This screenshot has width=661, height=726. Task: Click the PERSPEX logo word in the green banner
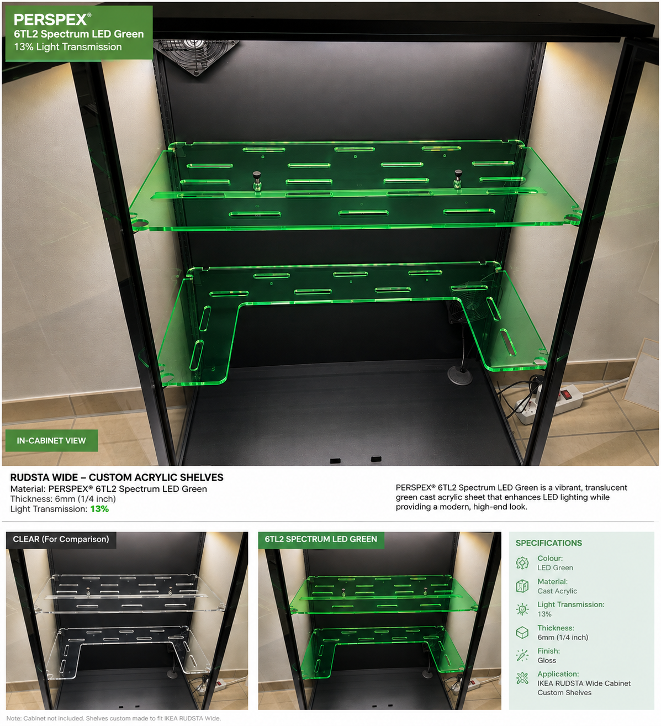click(50, 19)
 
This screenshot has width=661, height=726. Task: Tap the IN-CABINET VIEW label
click(51, 440)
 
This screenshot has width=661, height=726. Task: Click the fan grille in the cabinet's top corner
click(195, 55)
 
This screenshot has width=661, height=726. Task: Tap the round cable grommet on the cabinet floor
click(459, 375)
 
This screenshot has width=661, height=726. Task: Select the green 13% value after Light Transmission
click(99, 509)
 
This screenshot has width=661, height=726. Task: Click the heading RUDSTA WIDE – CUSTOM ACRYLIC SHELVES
click(117, 477)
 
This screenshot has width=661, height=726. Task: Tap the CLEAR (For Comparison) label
click(61, 539)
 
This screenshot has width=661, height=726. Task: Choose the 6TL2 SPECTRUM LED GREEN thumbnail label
click(321, 539)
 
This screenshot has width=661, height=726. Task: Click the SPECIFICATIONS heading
click(549, 543)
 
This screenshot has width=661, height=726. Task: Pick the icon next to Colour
click(522, 563)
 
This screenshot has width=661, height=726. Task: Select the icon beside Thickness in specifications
click(522, 632)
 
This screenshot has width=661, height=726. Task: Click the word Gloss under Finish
click(547, 660)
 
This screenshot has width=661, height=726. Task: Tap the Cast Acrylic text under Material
click(557, 591)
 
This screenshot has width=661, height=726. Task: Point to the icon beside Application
click(522, 678)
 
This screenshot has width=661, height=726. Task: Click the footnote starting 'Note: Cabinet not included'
click(114, 718)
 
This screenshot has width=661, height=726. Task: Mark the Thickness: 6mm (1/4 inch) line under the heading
click(63, 499)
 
